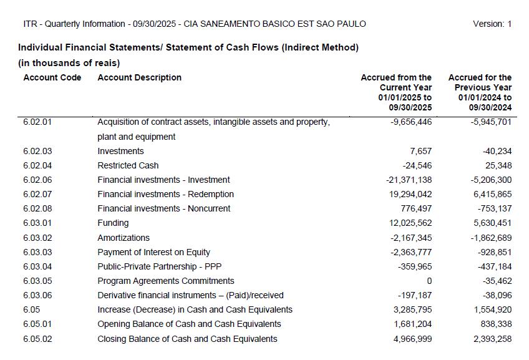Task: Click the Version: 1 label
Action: tap(492, 24)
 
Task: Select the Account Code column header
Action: tap(52, 77)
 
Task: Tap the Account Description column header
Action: tap(139, 77)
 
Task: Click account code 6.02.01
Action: tap(37, 122)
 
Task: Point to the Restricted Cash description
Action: tap(128, 165)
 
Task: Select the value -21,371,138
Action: tap(409, 180)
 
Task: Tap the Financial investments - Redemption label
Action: tap(165, 194)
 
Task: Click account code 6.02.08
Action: tap(37, 208)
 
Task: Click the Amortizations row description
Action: tap(124, 238)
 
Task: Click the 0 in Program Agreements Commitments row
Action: tap(429, 281)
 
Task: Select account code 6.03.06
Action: tap(37, 295)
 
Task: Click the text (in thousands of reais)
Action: tap(69, 62)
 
